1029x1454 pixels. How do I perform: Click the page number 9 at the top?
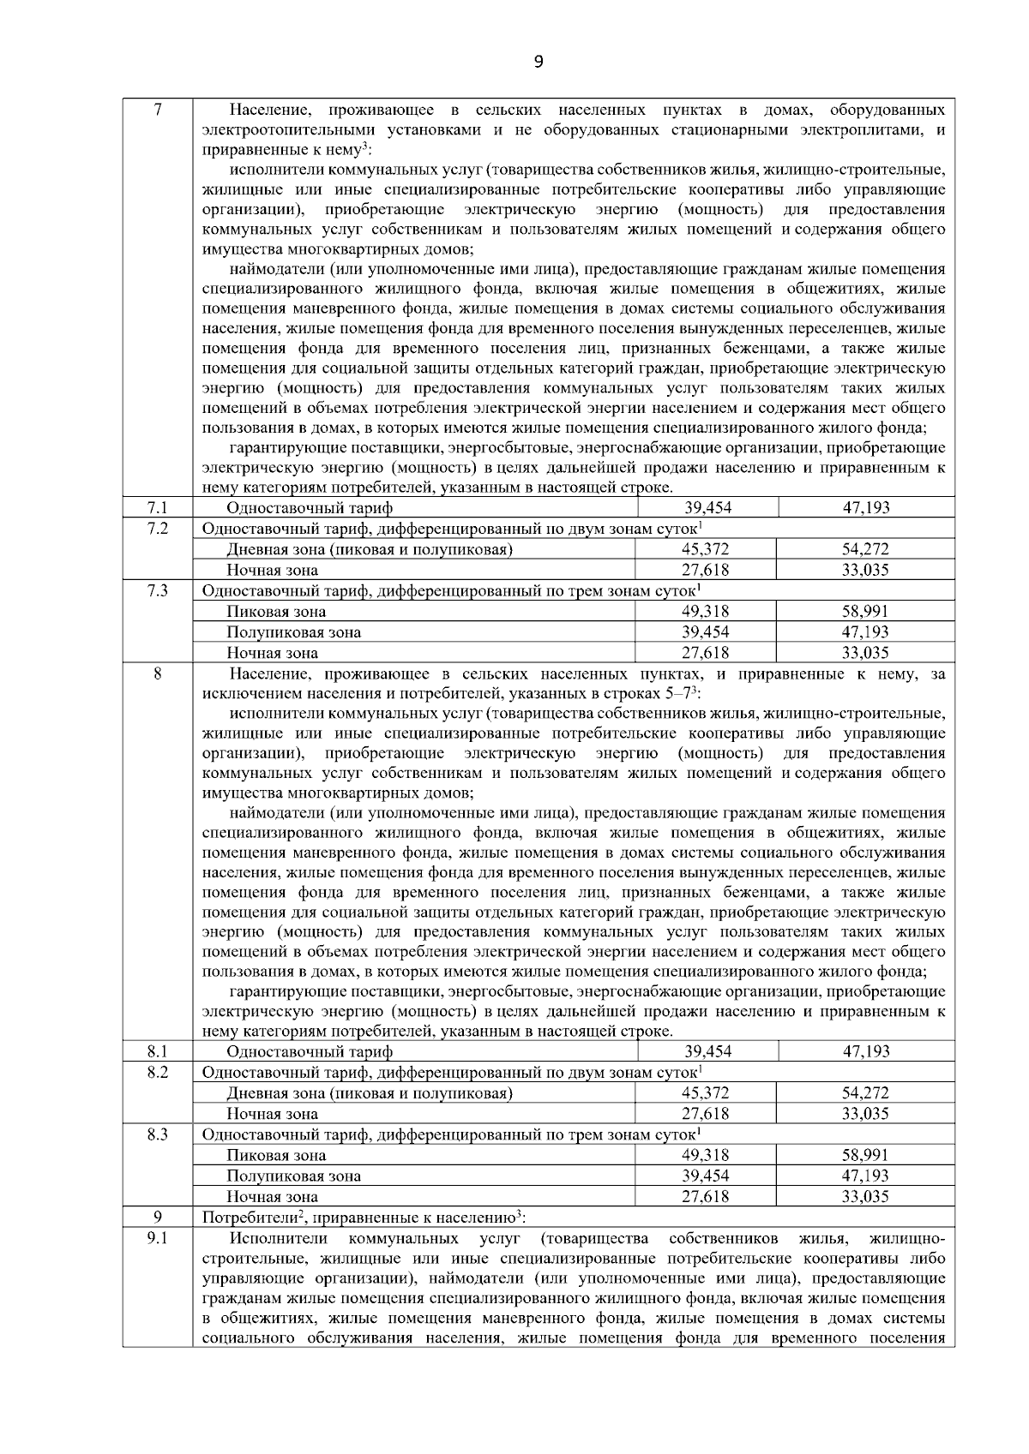pos(538,61)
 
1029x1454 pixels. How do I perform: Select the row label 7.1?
pos(157,508)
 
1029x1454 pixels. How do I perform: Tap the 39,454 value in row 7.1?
pos(707,508)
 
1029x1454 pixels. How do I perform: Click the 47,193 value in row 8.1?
pos(865,1051)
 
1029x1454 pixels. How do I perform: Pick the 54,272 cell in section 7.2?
pos(864,549)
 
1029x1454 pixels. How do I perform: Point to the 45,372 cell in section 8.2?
pos(706,1092)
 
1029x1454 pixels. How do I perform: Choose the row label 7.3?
pos(157,590)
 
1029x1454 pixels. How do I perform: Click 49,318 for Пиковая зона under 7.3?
pos(706,611)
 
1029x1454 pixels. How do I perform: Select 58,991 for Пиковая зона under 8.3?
pos(864,1155)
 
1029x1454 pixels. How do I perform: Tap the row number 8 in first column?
pos(157,674)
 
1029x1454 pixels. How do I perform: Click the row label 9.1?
pos(157,1238)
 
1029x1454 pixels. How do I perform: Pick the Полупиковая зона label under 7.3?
pos(293,632)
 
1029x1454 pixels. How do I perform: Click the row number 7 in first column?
pos(157,111)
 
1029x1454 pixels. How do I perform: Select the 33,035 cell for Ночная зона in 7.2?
pos(864,570)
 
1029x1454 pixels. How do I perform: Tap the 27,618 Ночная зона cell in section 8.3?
pos(706,1197)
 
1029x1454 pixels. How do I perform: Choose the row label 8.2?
pos(157,1072)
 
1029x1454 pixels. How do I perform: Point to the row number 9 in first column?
pos(157,1218)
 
